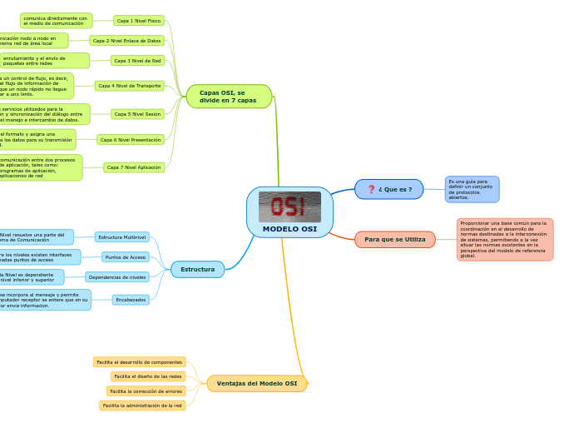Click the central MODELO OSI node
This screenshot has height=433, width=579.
tap(289, 229)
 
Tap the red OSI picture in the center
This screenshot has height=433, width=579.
tap(289, 207)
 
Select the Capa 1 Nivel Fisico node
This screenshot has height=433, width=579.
tap(139, 20)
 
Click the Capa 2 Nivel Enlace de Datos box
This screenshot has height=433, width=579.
tap(126, 40)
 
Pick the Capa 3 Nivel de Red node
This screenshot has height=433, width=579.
tap(137, 60)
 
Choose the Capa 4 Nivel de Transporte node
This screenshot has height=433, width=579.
tap(129, 86)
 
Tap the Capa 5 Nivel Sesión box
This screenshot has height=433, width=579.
tap(137, 114)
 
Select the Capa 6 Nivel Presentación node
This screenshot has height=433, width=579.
tap(131, 140)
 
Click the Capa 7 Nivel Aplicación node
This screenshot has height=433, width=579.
tap(134, 167)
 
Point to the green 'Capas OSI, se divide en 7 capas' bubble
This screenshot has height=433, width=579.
tap(229, 97)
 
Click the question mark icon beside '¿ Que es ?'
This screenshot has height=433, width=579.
tap(371, 189)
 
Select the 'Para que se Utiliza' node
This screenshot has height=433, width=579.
tap(394, 240)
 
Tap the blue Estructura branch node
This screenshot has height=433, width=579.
tap(197, 269)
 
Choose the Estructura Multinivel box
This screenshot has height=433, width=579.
tap(122, 237)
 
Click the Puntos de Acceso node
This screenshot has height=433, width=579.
tap(126, 257)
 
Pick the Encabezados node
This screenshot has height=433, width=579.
tap(131, 300)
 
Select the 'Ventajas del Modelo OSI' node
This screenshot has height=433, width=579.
tap(256, 384)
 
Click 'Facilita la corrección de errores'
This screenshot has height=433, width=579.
tap(146, 391)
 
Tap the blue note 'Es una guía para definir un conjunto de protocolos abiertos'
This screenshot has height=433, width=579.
tap(472, 189)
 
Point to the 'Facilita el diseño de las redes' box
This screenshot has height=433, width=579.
tap(148, 376)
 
